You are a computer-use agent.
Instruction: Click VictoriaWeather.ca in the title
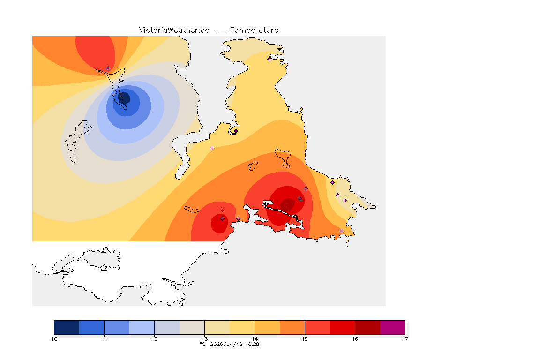pos(174,30)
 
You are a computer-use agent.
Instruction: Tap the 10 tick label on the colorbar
pos(54,338)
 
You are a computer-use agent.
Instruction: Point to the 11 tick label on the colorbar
pos(104,338)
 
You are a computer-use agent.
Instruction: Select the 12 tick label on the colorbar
pos(154,338)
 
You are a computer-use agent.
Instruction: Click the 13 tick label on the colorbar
pos(204,338)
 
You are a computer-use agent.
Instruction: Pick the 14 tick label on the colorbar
pos(255,338)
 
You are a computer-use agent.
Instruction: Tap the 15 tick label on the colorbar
pos(305,338)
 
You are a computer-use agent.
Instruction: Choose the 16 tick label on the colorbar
pos(355,338)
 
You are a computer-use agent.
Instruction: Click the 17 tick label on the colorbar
pos(405,338)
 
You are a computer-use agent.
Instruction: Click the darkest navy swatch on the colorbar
pos(67,327)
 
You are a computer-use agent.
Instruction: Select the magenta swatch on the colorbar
pos(392,327)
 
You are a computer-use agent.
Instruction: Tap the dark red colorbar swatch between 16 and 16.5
pos(367,327)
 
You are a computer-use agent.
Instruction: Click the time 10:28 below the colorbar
pos(253,344)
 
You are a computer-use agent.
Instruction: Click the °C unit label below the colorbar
pos(202,344)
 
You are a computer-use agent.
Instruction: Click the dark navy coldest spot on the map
pos(125,98)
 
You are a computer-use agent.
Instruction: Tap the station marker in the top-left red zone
pos(108,68)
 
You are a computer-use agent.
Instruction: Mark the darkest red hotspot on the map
pos(288,204)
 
